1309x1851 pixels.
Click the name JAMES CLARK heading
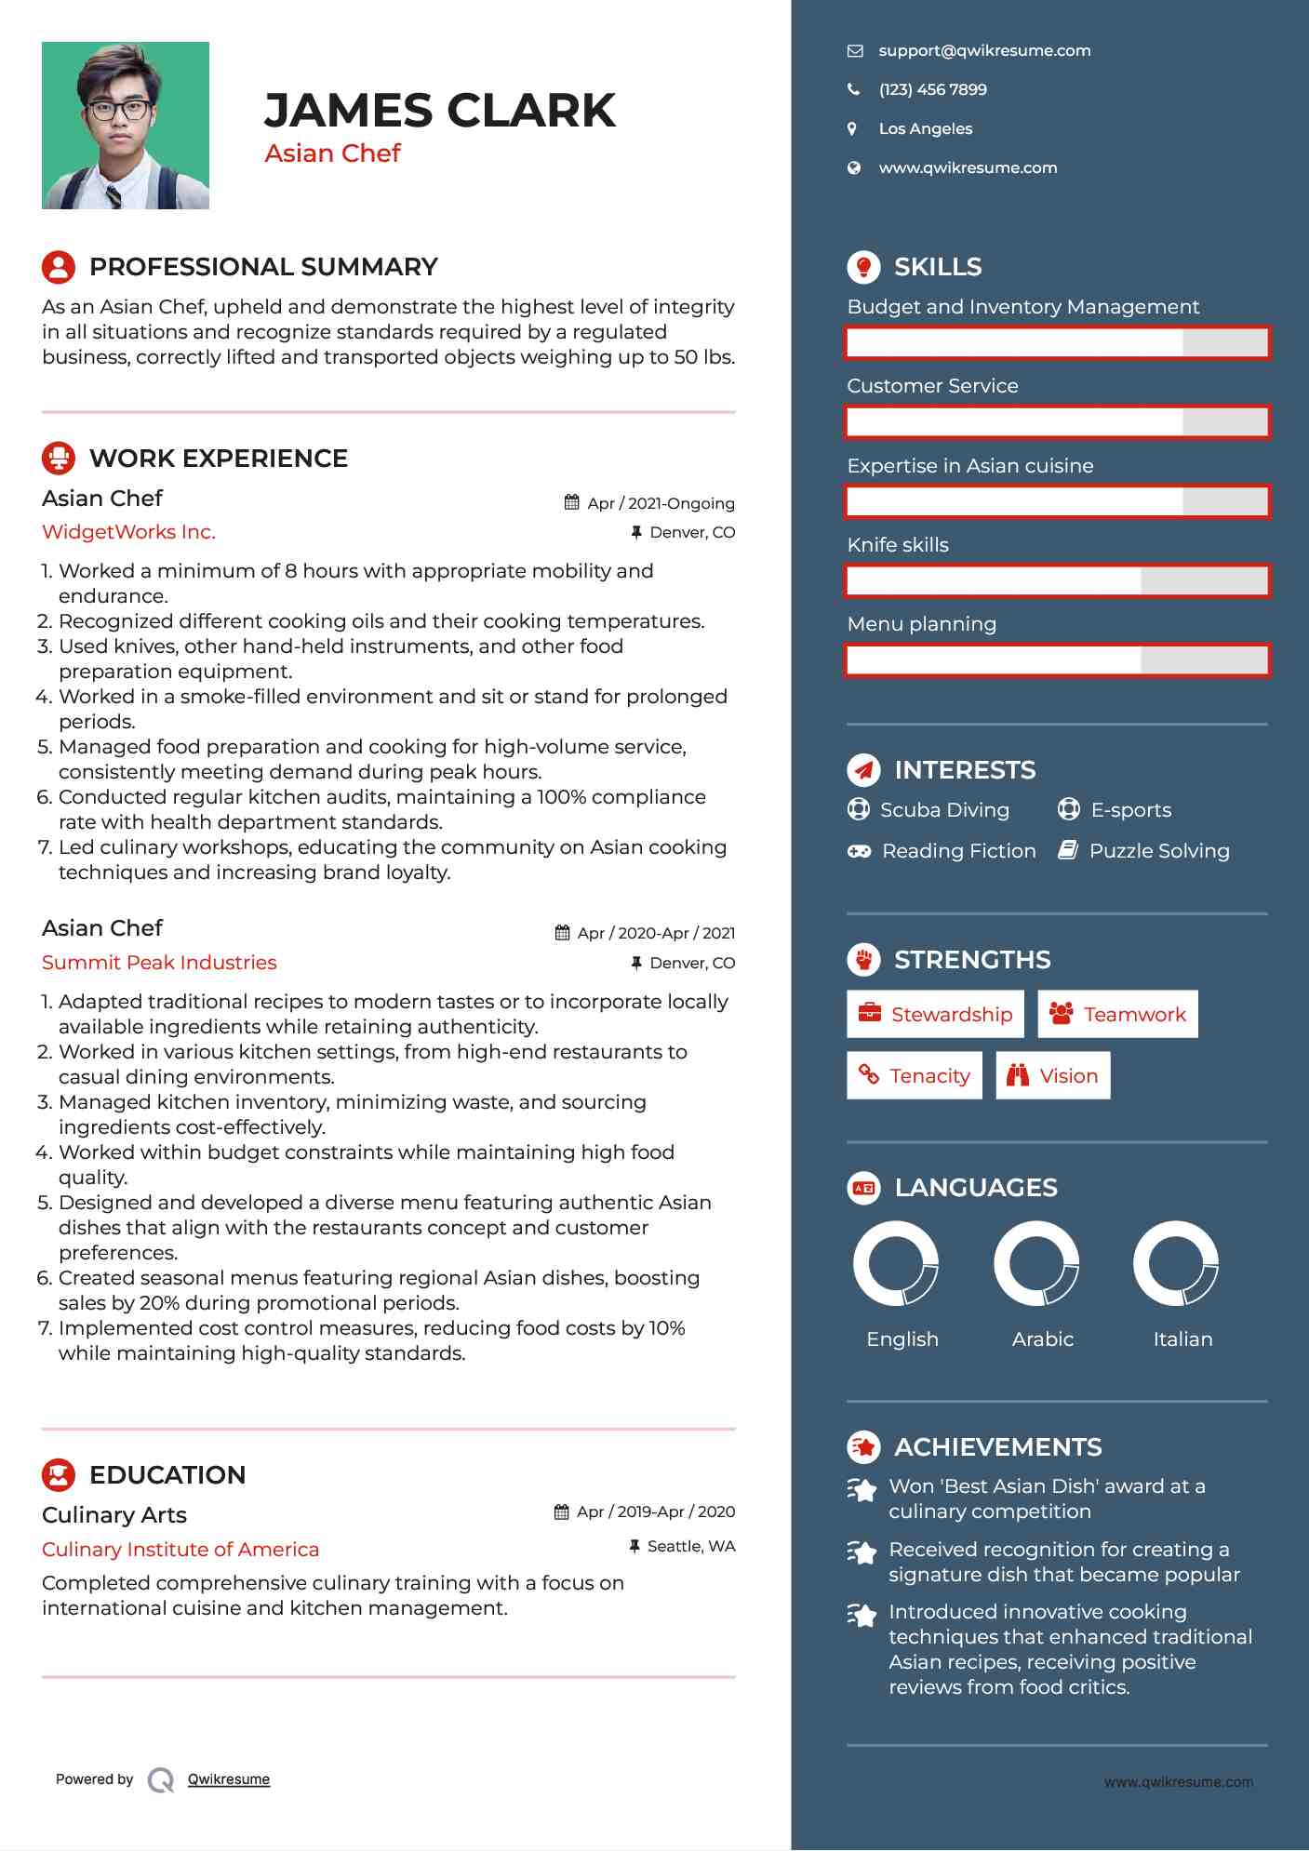click(439, 111)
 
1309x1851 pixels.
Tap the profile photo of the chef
click(126, 126)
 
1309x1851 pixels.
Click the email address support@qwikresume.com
click(983, 51)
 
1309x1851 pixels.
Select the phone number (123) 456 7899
click(932, 90)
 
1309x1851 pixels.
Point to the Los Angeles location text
click(925, 129)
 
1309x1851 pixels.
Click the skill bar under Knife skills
click(1057, 581)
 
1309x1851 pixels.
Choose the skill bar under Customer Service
click(1057, 422)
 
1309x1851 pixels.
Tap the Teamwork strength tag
click(1117, 1014)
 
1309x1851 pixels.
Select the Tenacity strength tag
click(914, 1075)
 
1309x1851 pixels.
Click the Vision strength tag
click(1052, 1075)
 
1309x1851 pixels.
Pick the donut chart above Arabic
click(1035, 1263)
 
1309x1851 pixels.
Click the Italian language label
click(1182, 1339)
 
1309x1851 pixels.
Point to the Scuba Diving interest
click(943, 810)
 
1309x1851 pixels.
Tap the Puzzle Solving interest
click(1158, 851)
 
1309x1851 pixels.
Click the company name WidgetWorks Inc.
click(128, 532)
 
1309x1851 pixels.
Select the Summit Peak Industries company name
click(159, 963)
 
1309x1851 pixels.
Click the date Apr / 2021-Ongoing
click(660, 503)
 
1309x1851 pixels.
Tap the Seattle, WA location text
click(690, 1546)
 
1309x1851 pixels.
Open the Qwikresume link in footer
click(229, 1779)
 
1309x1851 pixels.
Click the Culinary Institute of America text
click(180, 1550)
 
